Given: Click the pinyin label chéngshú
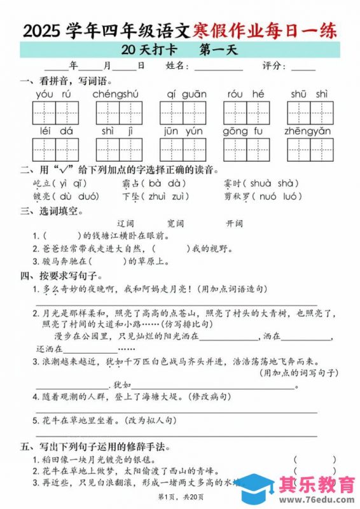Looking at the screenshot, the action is pos(116,94).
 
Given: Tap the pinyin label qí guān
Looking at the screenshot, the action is pos(186,94).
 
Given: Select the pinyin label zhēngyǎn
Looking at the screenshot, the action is pos(308,131).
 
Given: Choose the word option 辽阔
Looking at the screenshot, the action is pos(127,224).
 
